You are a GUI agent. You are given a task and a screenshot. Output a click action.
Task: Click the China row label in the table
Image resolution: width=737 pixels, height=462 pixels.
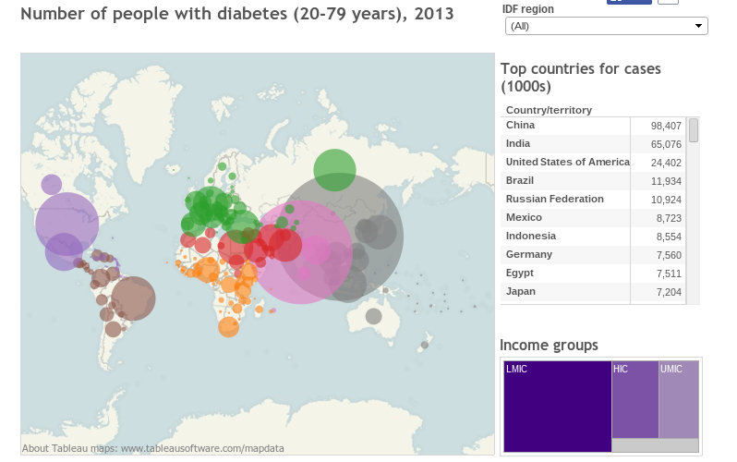(521, 125)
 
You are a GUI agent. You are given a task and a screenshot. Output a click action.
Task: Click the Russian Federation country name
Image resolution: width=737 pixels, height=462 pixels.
(554, 199)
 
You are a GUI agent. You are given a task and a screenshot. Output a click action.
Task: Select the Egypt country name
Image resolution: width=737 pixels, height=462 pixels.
(520, 273)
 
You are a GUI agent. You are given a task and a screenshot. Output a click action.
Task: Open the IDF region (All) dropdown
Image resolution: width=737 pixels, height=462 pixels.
(606, 26)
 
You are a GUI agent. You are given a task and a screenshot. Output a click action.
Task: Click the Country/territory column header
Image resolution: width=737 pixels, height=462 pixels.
(549, 110)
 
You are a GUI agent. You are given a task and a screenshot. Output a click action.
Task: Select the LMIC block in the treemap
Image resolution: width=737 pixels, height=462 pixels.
(557, 407)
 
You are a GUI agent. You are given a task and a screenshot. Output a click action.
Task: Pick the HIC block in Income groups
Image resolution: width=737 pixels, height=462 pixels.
(634, 399)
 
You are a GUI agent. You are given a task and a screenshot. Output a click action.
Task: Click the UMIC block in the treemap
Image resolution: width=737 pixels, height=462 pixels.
(679, 399)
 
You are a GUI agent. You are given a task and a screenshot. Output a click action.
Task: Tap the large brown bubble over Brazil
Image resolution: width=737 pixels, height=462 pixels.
(133, 298)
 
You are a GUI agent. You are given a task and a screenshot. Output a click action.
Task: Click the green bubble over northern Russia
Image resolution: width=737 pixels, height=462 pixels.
(334, 169)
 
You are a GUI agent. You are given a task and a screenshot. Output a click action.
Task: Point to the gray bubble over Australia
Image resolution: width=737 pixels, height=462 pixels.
(373, 316)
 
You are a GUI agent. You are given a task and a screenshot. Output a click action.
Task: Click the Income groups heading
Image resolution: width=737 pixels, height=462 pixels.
(549, 346)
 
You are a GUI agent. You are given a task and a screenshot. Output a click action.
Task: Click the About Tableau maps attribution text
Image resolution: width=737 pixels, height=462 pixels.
(153, 448)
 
